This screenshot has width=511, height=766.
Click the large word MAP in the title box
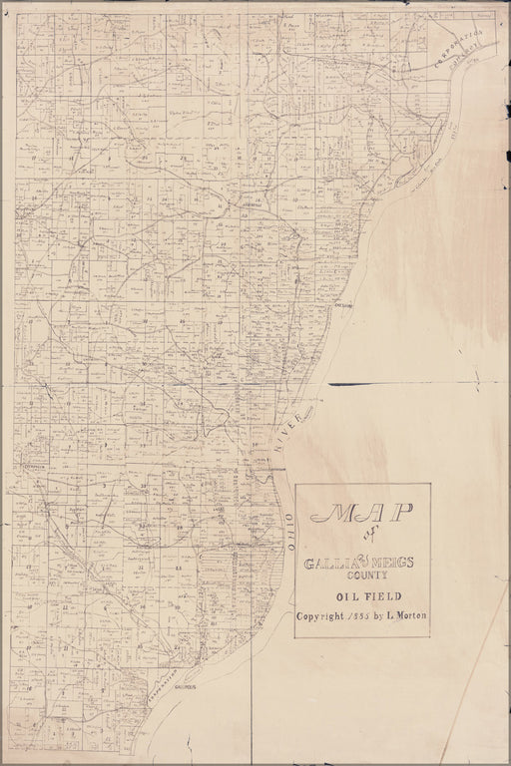pos(362,513)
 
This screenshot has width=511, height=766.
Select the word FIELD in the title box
pos(377,597)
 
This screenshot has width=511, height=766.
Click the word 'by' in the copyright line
pos(384,616)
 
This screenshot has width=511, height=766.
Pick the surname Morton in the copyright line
pos(412,615)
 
